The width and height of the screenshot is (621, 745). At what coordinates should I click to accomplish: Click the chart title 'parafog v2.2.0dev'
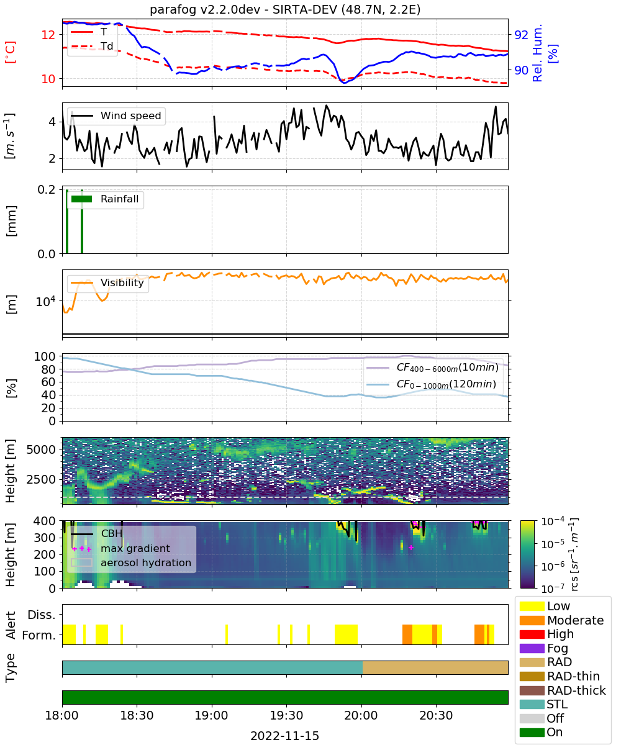(x=204, y=9)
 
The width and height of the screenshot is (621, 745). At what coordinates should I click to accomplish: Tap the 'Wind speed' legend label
(x=130, y=115)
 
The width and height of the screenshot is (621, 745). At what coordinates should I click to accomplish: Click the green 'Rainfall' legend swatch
(x=81, y=199)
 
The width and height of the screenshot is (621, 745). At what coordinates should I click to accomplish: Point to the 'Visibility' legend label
(x=122, y=282)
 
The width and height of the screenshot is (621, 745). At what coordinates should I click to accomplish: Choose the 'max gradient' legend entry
(x=135, y=548)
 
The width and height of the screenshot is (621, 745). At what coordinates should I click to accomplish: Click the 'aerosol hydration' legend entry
(x=145, y=562)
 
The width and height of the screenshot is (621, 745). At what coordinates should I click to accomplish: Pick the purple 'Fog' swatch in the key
(x=532, y=648)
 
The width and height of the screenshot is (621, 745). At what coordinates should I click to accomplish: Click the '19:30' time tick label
(x=286, y=716)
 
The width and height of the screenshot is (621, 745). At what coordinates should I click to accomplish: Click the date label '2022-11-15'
(x=284, y=736)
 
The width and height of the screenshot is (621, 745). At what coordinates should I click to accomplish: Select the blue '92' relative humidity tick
(x=521, y=35)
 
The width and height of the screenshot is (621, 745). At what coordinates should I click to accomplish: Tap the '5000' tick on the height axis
(x=41, y=449)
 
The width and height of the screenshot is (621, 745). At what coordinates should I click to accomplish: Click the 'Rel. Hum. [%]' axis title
(x=545, y=53)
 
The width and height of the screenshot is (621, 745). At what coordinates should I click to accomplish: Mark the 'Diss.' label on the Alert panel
(x=42, y=615)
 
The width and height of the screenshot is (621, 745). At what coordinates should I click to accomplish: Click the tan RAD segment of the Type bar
(x=435, y=667)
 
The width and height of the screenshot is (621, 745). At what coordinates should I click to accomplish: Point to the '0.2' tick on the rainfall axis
(x=47, y=189)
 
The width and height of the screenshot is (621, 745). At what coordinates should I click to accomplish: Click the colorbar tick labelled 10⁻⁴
(x=553, y=521)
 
